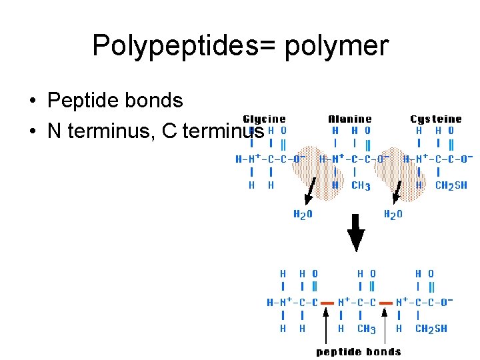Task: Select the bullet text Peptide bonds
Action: point(115,101)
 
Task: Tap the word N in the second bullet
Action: point(54,131)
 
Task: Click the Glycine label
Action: point(264,119)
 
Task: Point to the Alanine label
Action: point(350,119)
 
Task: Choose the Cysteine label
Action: point(435,119)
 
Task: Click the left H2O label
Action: point(303,215)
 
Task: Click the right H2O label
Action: point(393,215)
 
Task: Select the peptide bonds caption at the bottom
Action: point(358,351)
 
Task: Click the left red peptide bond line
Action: point(327,302)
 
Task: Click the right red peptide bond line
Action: point(387,302)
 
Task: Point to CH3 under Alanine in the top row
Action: point(361,186)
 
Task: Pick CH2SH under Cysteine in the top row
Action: point(451,186)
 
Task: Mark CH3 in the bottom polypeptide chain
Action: point(367,329)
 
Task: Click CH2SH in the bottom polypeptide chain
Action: point(431,329)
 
